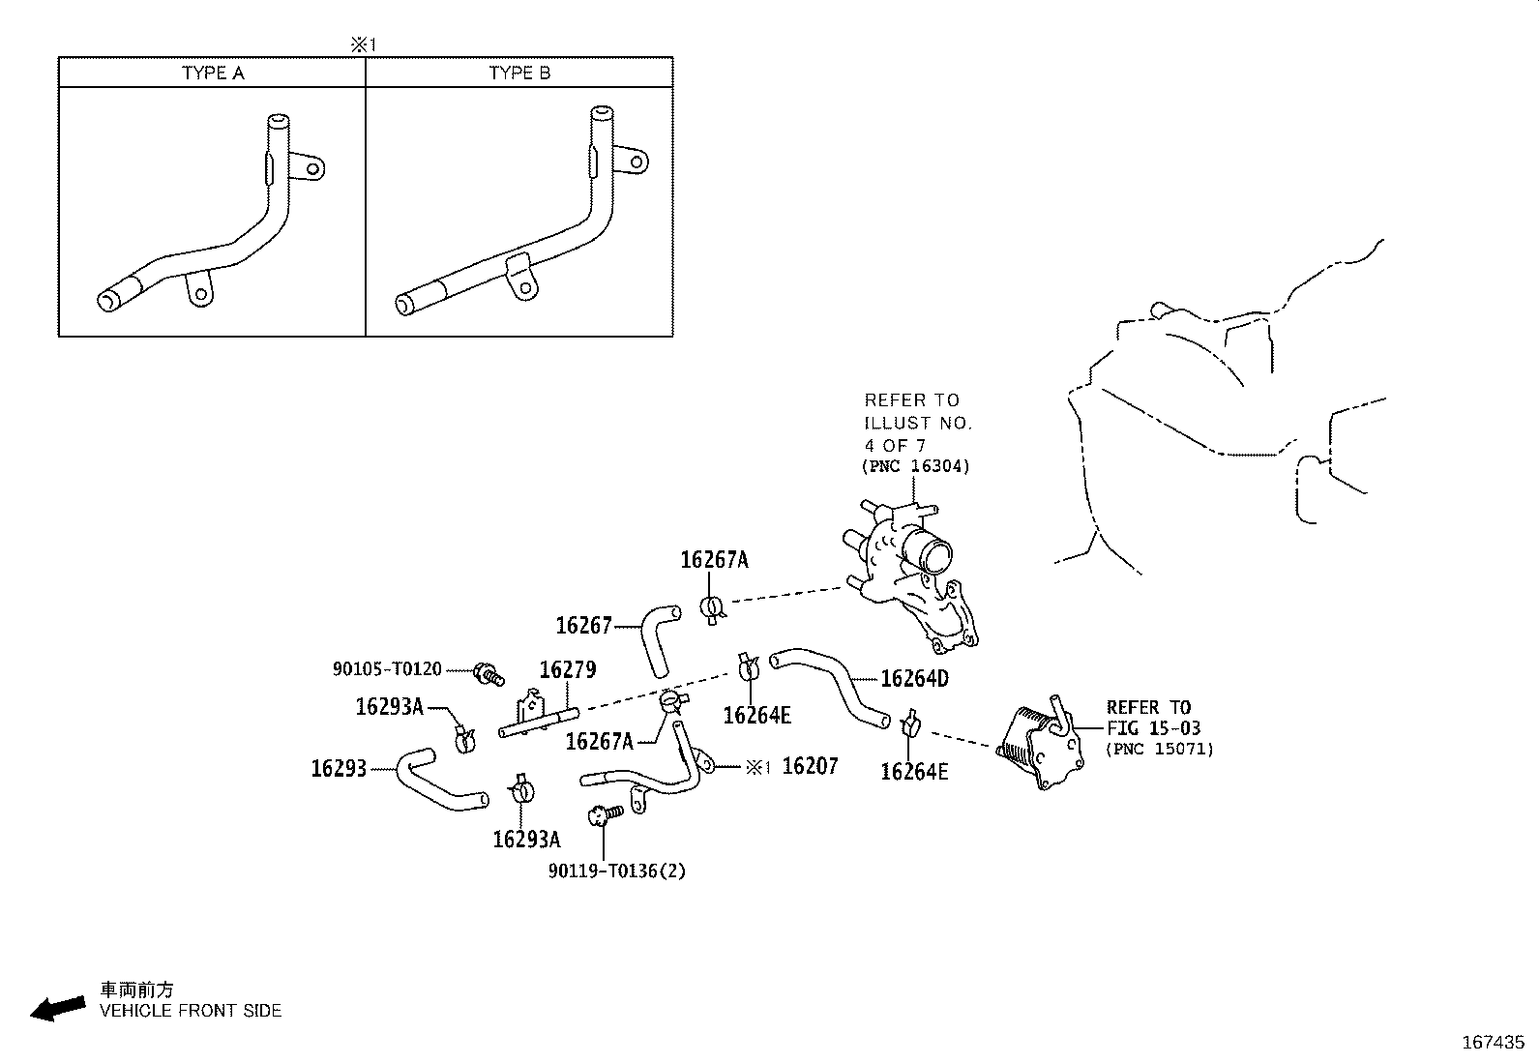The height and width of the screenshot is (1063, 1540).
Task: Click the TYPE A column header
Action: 213,73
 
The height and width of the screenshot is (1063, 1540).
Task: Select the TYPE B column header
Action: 519,73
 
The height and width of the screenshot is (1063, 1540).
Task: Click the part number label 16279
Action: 568,669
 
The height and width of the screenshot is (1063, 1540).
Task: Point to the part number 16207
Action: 811,766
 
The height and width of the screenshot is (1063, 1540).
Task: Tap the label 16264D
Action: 914,679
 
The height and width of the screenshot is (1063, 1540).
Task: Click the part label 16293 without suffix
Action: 339,768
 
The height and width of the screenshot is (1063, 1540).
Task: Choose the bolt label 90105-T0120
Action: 387,669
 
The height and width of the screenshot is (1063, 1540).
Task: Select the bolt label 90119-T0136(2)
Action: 617,871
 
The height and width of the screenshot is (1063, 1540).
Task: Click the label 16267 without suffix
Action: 583,626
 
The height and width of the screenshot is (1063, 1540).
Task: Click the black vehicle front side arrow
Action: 58,1009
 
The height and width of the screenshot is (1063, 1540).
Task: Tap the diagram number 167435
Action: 1494,1043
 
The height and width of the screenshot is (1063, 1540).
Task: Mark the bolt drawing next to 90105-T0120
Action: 489,674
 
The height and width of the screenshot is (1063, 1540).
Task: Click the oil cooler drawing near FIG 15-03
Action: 1040,743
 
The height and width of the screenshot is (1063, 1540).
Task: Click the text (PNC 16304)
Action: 916,466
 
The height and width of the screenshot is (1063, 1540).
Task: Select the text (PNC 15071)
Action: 1160,748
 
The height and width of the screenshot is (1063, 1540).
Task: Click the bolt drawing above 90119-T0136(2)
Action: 606,814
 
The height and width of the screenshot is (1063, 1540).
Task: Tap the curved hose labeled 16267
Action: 660,640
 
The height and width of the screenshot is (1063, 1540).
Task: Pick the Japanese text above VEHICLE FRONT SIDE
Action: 136,989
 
